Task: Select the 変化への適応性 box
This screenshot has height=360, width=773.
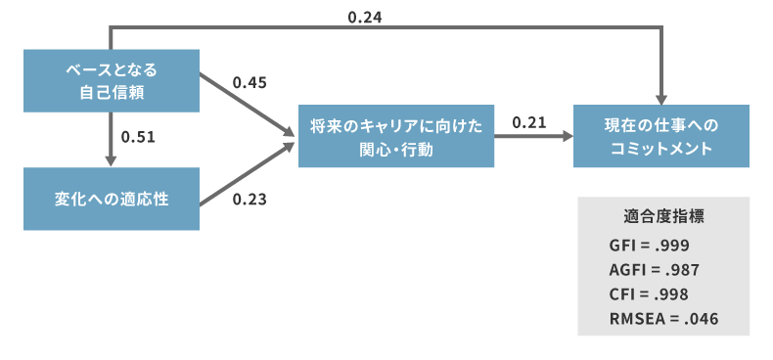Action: click(112, 199)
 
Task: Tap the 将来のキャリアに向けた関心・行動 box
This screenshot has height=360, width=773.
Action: click(396, 136)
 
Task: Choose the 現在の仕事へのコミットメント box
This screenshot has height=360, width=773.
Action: click(661, 136)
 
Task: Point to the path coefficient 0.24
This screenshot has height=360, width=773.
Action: click(366, 16)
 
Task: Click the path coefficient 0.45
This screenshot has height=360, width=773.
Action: click(250, 82)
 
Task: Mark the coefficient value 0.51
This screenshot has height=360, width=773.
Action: click(138, 136)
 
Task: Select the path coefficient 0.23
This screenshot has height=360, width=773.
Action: click(250, 201)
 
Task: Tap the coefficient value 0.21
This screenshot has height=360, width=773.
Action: click(528, 121)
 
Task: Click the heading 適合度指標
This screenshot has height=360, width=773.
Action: click(663, 215)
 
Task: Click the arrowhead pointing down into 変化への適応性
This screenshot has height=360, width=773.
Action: click(112, 160)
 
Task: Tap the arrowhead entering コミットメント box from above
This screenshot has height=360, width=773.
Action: click(661, 98)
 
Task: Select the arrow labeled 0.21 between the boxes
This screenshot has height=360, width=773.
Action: click(533, 138)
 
